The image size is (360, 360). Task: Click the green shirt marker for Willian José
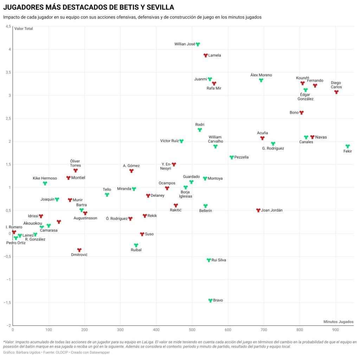(x=198, y=44)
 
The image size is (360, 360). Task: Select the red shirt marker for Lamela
(x=206, y=55)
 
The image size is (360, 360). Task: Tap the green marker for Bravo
(x=210, y=300)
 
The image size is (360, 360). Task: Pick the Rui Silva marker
(x=209, y=260)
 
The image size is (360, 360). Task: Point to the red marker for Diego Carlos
(x=336, y=92)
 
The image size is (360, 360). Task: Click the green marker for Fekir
(x=348, y=146)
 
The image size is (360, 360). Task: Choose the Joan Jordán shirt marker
(x=258, y=210)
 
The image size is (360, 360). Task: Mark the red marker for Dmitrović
(x=79, y=250)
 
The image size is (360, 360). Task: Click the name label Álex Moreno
(x=261, y=75)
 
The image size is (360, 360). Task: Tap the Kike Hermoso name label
(x=45, y=178)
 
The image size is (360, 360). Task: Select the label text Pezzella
(x=241, y=157)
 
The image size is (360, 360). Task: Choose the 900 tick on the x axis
(x=335, y=330)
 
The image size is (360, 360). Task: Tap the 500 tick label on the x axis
(x=192, y=330)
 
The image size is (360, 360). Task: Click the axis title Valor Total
(x=24, y=29)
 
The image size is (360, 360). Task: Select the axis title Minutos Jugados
(x=338, y=322)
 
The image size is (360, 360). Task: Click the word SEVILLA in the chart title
(x=157, y=7)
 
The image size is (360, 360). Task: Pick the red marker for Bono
(x=301, y=112)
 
